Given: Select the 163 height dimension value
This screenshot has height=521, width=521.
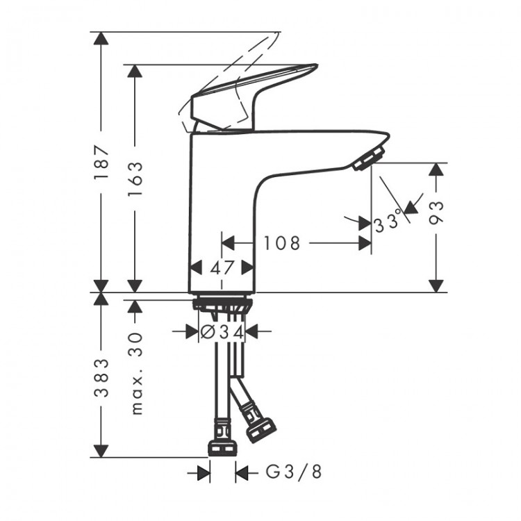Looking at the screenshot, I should coord(135,179).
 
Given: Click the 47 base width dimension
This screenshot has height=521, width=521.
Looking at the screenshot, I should coord(222,267).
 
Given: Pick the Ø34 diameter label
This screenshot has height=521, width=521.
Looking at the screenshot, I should coord(222,332).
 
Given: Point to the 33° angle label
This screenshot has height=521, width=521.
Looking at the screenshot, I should coord(388,223).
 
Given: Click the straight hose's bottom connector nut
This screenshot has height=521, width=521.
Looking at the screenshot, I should coord(222,442).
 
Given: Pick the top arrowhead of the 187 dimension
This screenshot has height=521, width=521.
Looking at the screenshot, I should coord(102,39).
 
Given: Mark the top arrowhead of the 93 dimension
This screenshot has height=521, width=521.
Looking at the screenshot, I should coord(436,171).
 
